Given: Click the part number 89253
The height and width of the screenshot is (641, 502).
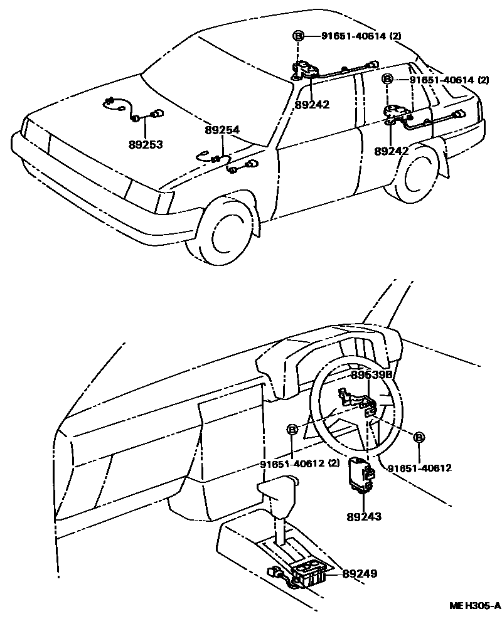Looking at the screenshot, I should coord(146,145).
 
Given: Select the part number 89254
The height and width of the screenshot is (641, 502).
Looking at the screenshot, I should coord(222,130).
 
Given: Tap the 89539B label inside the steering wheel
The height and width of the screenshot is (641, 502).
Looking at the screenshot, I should coord(371,374).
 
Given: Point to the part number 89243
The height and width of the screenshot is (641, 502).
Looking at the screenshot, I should coord(364,516).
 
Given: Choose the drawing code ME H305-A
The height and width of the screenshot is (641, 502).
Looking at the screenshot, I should coord(474,605).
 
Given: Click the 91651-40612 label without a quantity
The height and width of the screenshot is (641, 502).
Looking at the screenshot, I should coord(419,469).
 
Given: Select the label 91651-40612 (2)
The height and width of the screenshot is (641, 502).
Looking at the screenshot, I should coord(300,464).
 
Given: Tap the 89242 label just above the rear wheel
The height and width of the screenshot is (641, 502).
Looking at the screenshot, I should coord(392,151).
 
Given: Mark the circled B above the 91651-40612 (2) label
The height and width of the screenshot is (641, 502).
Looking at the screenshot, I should coord(292,430).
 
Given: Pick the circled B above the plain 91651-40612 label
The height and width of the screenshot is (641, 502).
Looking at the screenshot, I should coord(419,437).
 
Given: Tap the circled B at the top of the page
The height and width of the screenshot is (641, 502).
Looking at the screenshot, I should coord(298,36).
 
